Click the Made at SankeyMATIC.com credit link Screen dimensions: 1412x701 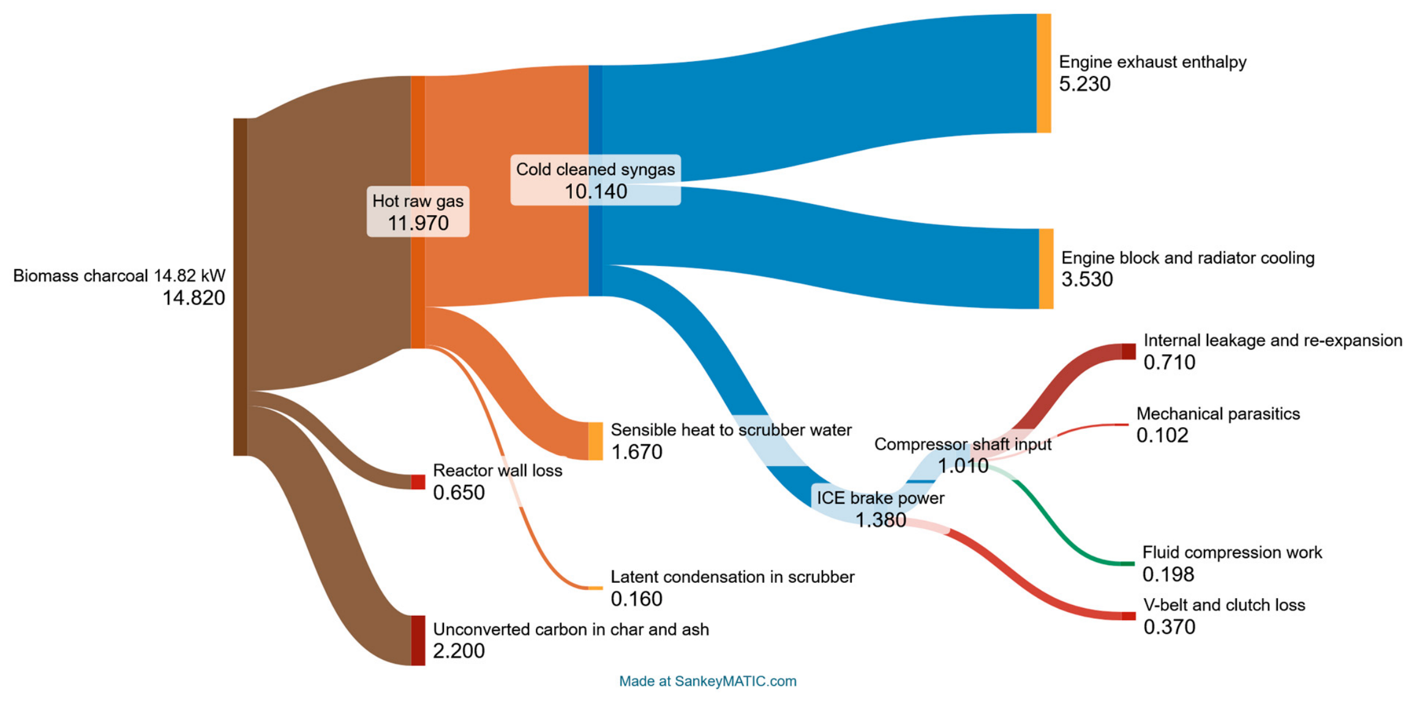pos(707,681)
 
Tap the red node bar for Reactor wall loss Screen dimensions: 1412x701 pos(418,482)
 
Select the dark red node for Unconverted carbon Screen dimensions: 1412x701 pos(418,640)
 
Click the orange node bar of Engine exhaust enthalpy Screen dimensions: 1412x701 pos(1043,74)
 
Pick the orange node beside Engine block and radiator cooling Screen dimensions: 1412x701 pos(1046,269)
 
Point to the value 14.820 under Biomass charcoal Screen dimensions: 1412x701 pos(193,298)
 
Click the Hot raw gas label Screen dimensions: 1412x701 pos(418,201)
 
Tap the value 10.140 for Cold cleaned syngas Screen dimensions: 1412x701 pos(596,192)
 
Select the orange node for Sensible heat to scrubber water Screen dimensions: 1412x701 pos(595,441)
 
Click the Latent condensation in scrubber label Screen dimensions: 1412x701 pos(732,577)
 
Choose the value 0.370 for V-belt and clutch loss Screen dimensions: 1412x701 pos(1169,627)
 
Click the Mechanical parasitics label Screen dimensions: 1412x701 pos(1218,414)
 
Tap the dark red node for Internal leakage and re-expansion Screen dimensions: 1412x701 pos(1128,352)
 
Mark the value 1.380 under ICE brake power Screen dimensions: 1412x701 pos(881,520)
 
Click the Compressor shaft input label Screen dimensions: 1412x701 pos(963,444)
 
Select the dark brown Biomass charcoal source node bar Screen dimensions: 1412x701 pos(240,287)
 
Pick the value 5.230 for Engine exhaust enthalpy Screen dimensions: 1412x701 pos(1084,84)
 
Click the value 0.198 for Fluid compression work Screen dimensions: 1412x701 pos(1168,575)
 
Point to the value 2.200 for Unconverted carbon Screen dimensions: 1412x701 pos(459,651)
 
